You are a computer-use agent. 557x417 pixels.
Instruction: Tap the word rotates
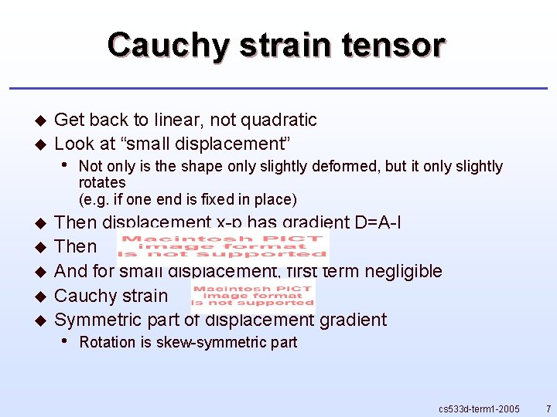point(102,183)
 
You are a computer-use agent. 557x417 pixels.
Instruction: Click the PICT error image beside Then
point(223,246)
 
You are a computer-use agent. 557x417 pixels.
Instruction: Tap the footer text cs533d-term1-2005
point(479,408)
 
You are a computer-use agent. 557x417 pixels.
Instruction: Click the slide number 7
point(548,408)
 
